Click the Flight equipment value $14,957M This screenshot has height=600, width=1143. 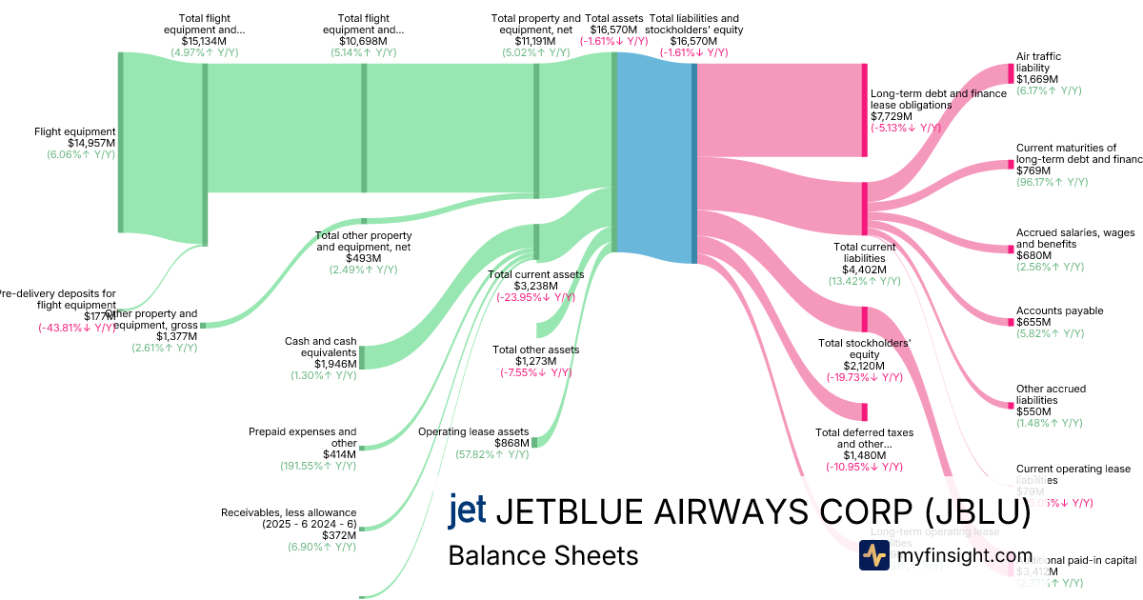91,143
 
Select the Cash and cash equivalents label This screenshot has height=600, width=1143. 321,347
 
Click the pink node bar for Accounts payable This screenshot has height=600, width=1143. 1011,323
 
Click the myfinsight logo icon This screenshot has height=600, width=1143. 873,555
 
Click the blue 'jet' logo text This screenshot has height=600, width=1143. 467,510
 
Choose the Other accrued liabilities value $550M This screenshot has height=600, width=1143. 1033,411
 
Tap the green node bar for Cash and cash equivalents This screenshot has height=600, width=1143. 362,357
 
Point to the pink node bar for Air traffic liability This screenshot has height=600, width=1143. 1011,73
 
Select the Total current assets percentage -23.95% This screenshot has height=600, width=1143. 535,297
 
